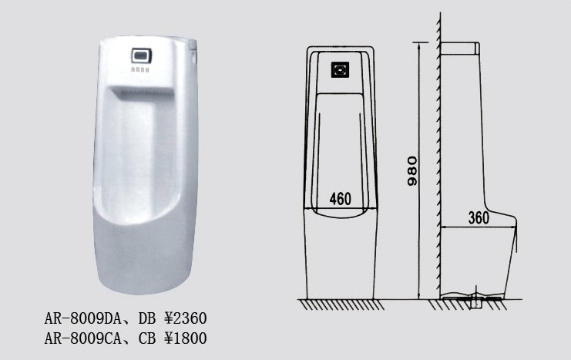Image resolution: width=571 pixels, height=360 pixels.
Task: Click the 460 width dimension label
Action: pyautogui.click(x=340, y=199)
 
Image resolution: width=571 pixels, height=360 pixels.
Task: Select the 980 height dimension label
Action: pyautogui.click(x=412, y=171)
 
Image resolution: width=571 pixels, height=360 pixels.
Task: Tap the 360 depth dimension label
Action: pyautogui.click(x=479, y=218)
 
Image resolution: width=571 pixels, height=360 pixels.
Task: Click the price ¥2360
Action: pyautogui.click(x=186, y=318)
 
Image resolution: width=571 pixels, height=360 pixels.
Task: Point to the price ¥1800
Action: pyautogui.click(x=186, y=338)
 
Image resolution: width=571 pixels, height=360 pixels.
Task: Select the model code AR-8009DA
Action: pyautogui.click(x=82, y=318)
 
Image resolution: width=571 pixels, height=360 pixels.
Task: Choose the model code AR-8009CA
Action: pyautogui.click(x=82, y=338)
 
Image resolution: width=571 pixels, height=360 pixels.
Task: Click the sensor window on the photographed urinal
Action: pyautogui.click(x=142, y=56)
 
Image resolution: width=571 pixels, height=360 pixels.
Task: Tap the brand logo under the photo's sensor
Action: pyautogui.click(x=140, y=69)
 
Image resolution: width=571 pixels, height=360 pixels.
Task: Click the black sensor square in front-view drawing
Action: pyautogui.click(x=340, y=69)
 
